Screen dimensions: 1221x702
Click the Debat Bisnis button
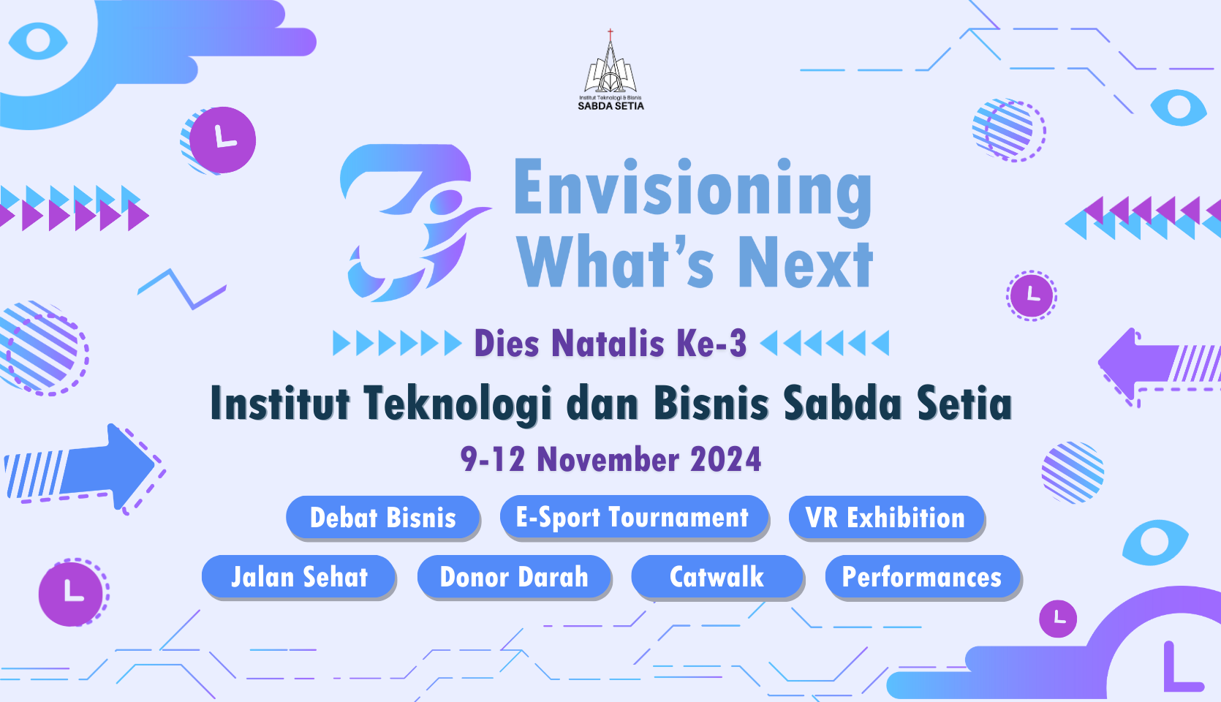[382, 517]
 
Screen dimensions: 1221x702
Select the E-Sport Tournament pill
[634, 517]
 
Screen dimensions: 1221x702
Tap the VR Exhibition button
[886, 517]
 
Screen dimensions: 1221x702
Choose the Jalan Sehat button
[299, 577]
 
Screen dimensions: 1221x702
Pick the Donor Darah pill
[514, 577]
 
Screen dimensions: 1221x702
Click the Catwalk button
[717, 577]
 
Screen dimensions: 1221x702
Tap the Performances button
[923, 577]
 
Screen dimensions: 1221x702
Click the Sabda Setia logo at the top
[610, 69]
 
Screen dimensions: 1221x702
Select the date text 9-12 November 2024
[611, 459]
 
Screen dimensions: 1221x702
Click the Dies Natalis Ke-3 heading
[610, 344]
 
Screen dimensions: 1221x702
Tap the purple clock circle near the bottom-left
[71, 594]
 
